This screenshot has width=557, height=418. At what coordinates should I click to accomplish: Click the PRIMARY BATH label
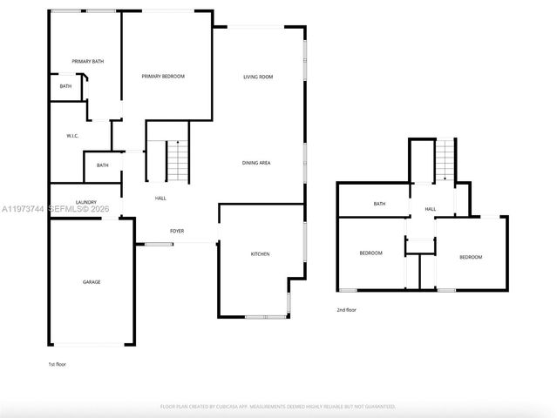pos(88,61)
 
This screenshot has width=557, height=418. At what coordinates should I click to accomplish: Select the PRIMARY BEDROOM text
pos(163,77)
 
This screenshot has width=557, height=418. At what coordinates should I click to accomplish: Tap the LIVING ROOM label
pos(258,77)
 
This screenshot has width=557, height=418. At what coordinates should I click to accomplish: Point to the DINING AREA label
pos(255,163)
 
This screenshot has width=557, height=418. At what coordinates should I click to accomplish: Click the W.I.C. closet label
pos(73,136)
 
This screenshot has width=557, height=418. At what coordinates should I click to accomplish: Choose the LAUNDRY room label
pos(85,201)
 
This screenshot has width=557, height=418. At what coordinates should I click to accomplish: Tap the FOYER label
pos(177,231)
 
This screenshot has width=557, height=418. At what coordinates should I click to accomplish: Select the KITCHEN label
pos(260,253)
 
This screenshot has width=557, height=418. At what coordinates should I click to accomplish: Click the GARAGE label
pos(92,281)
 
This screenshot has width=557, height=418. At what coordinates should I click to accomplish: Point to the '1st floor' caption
pos(57,364)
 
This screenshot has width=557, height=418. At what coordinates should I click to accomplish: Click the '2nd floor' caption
pos(346,309)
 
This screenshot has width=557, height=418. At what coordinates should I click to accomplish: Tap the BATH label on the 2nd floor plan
pos(379,204)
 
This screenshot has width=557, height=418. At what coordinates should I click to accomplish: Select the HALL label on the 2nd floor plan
pos(431,209)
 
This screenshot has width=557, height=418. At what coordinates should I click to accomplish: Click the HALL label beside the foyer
pos(160,199)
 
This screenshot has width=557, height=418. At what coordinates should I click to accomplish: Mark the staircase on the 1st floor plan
pos(177,161)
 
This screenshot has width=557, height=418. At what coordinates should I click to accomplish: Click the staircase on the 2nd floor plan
pos(445,159)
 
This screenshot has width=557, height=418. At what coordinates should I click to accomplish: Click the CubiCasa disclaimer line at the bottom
pos(278,406)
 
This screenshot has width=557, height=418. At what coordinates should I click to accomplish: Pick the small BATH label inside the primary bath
pos(66,86)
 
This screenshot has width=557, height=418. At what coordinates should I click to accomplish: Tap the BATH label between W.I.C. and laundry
pos(103,165)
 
